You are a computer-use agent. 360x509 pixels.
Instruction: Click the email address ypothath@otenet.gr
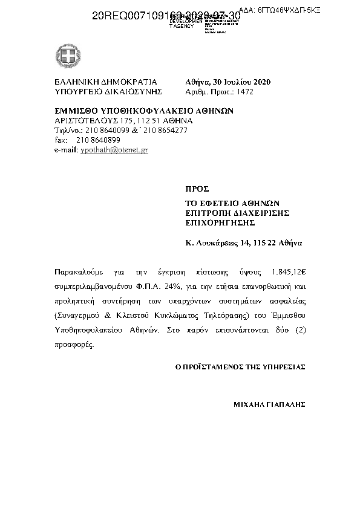[114, 149]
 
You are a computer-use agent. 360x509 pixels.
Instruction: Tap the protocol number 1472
[245, 92]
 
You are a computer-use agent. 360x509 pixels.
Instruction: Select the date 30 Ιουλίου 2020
[241, 82]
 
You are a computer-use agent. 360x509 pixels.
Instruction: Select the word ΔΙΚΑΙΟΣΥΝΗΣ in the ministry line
[134, 92]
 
